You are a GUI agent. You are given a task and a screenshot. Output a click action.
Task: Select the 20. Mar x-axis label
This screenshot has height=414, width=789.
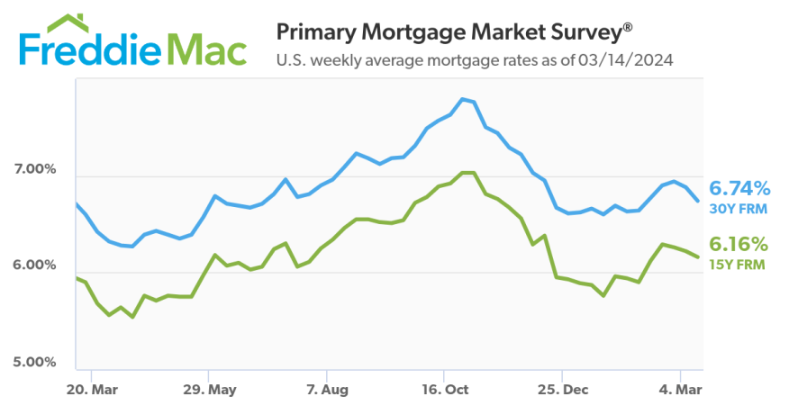92,390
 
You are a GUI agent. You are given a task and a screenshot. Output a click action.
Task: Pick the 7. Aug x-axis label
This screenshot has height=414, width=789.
326,390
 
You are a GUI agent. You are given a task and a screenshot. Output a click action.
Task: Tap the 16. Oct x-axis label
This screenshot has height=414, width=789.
443,390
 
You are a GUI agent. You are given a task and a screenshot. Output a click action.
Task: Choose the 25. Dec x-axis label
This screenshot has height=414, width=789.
561,390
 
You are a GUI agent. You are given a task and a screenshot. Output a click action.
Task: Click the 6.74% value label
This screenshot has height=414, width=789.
739,189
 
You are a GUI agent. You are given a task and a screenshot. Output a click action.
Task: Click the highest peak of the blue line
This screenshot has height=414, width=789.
462,98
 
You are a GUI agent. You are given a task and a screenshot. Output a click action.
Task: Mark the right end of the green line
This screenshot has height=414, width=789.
698,257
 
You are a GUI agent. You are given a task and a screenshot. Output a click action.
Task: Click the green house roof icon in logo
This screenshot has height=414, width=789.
64,22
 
